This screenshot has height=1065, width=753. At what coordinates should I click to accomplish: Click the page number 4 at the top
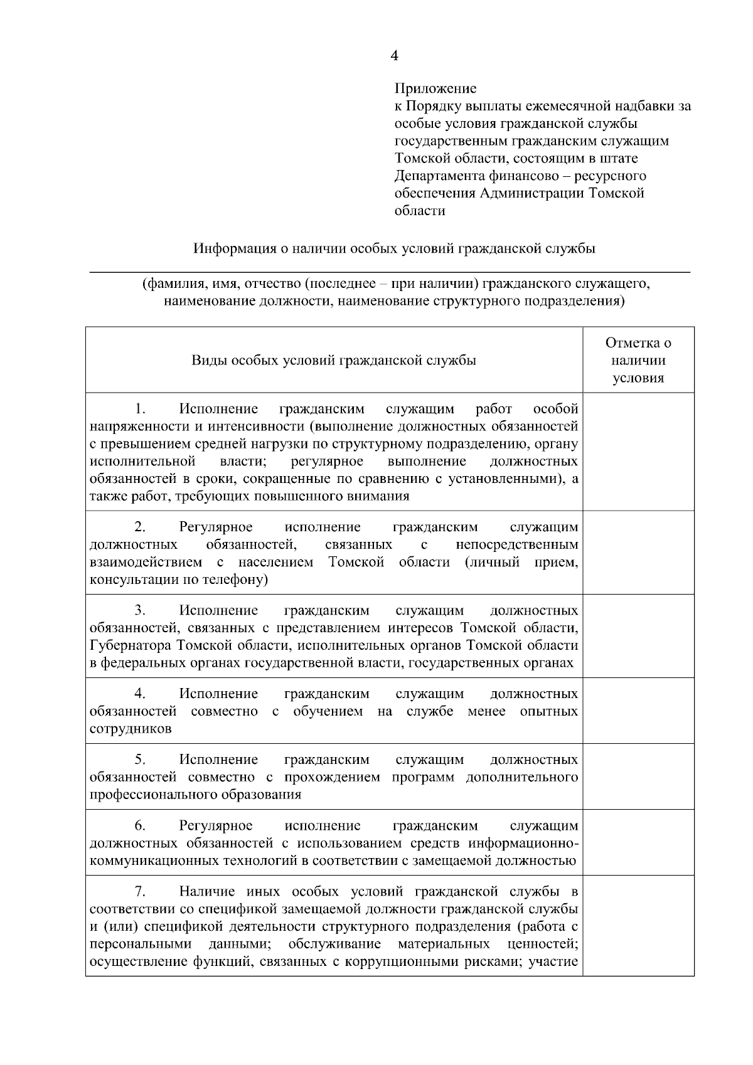tap(394, 56)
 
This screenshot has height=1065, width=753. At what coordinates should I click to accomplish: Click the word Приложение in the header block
tap(435, 88)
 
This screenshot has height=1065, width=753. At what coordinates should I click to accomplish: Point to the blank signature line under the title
tap(389, 271)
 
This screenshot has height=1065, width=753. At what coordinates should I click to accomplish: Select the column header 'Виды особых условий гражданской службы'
tap(334, 361)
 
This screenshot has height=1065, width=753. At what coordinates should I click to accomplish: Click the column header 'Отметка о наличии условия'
tap(638, 361)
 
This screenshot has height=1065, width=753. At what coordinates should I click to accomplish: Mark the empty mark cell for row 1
tap(638, 452)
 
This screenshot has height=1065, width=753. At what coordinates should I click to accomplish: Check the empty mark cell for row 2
tap(638, 552)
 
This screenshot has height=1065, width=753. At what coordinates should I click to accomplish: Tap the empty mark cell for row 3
tap(638, 636)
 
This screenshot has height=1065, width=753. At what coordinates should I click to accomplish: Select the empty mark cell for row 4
tap(638, 711)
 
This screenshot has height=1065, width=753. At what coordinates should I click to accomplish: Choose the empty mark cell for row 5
tap(638, 776)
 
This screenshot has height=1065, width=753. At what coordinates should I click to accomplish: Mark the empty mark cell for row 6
tap(638, 842)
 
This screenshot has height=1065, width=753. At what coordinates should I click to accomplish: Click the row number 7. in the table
tap(141, 891)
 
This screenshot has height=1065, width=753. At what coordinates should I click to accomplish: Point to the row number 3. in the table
tap(141, 610)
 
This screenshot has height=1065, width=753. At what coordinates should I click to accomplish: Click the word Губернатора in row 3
tap(131, 646)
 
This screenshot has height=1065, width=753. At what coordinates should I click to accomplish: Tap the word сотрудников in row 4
tap(131, 729)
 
